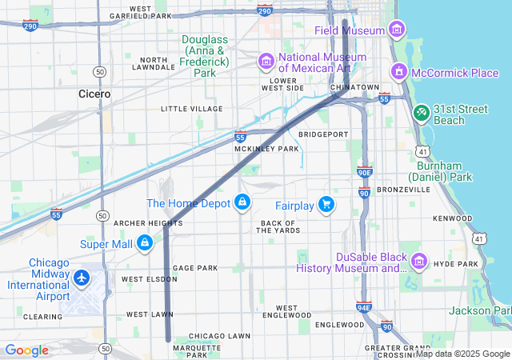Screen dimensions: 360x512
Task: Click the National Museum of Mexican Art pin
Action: point(266,62)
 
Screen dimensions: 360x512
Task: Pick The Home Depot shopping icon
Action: point(242,203)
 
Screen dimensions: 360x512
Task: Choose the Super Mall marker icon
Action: point(145,243)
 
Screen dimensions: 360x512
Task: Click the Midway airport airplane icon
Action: point(81,278)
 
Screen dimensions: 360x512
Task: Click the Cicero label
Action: point(94,94)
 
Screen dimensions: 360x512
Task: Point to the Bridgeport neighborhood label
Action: point(323,134)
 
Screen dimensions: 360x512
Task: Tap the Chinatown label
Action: point(354,86)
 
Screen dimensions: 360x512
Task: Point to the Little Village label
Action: point(192,109)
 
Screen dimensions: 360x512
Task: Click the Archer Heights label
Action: point(148,223)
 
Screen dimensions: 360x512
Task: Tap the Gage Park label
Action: point(195,268)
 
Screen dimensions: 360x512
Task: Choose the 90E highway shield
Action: point(365,171)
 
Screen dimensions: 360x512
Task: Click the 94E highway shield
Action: point(364,306)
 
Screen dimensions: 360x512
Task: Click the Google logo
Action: point(26,350)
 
